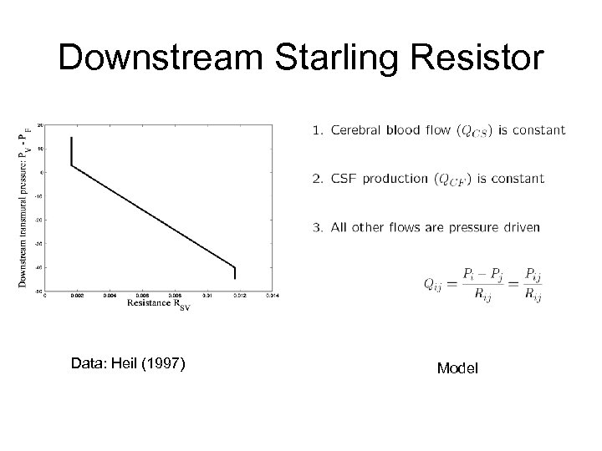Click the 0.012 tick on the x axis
coord(239,295)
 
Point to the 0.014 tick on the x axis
coord(272,295)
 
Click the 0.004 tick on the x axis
coord(110,295)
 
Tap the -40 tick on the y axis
coord(39,267)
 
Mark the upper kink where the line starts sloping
coord(72,165)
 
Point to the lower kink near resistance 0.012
coord(235,266)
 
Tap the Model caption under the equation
coord(457,367)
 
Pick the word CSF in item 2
coord(342,178)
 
